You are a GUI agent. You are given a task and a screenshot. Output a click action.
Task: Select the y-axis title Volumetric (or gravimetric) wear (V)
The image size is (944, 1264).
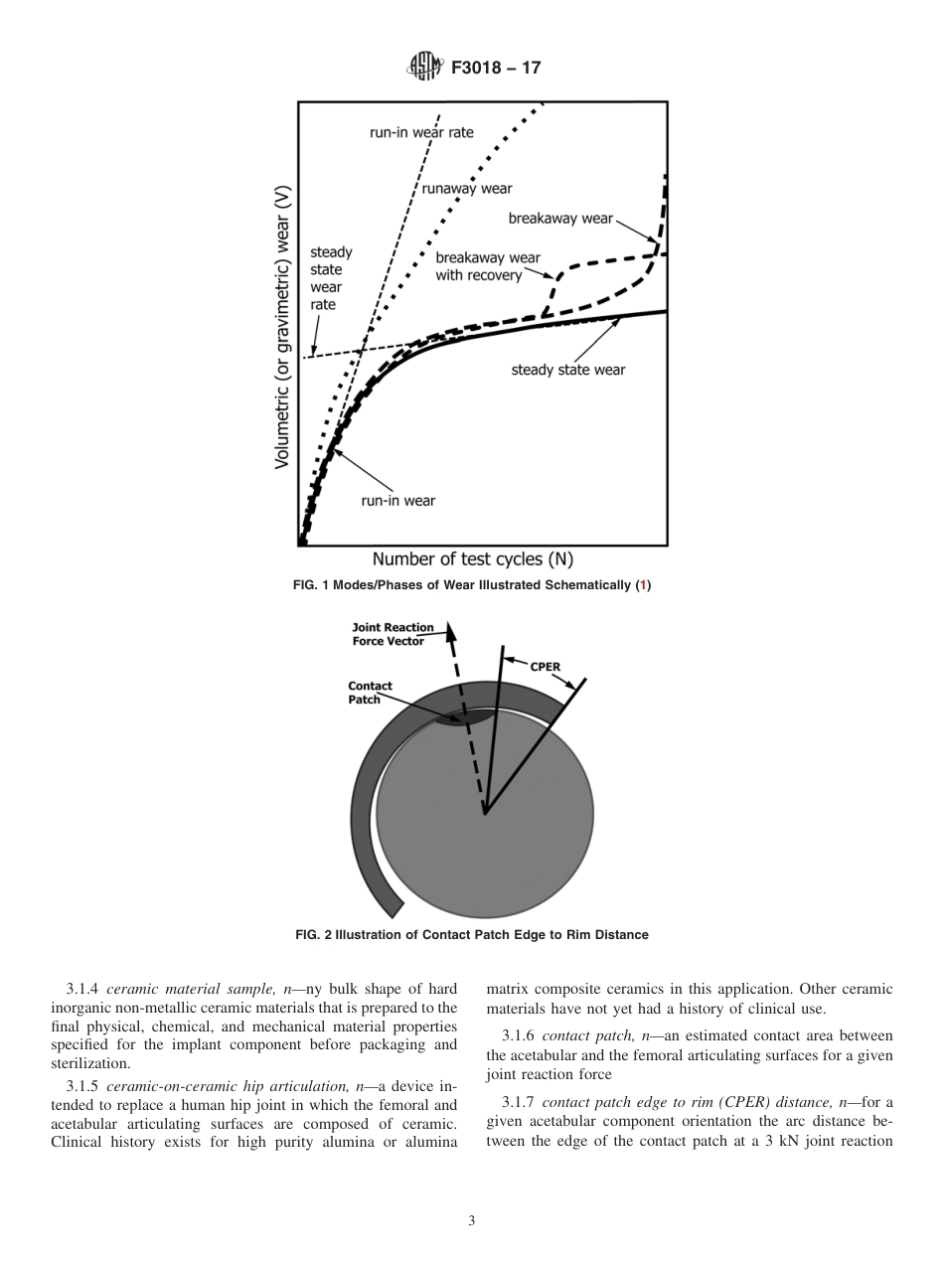pyautogui.click(x=282, y=326)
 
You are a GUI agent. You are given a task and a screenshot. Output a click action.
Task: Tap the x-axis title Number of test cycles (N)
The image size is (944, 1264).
pyautogui.click(x=472, y=559)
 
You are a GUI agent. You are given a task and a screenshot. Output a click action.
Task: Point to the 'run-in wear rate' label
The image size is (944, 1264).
pyautogui.click(x=421, y=132)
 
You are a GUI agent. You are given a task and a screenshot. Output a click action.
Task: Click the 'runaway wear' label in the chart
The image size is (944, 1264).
pyautogui.click(x=467, y=188)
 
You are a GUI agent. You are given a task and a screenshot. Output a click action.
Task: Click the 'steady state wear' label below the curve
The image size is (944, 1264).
pyautogui.click(x=567, y=371)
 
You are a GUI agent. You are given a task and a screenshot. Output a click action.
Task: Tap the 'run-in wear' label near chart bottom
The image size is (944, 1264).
pyautogui.click(x=397, y=500)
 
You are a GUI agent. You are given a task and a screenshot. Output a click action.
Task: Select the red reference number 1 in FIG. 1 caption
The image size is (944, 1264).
pyautogui.click(x=644, y=585)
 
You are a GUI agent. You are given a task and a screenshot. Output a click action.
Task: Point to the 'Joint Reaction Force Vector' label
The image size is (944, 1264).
pyautogui.click(x=393, y=634)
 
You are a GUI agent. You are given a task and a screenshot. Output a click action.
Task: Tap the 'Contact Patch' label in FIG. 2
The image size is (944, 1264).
pyautogui.click(x=370, y=693)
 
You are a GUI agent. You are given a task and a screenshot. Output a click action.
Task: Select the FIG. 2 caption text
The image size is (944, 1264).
pyautogui.click(x=472, y=935)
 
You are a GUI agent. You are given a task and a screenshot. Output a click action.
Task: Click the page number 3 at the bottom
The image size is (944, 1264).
pyautogui.click(x=472, y=1220)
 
